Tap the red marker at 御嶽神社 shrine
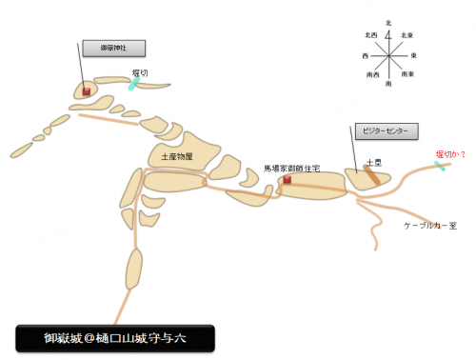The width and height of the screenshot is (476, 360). (87, 91)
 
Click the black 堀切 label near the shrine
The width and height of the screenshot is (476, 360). (139, 72)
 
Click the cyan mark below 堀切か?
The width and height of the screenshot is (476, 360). (441, 166)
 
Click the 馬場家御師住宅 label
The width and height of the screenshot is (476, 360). (291, 169)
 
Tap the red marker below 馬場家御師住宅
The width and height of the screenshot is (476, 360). (287, 179)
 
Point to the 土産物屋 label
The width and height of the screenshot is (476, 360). (177, 156)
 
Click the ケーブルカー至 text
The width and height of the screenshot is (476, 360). (430, 226)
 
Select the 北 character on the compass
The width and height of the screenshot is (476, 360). (388, 22)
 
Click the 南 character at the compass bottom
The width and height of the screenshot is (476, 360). (388, 85)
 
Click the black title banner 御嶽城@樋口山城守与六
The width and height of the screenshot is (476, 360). (114, 337)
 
